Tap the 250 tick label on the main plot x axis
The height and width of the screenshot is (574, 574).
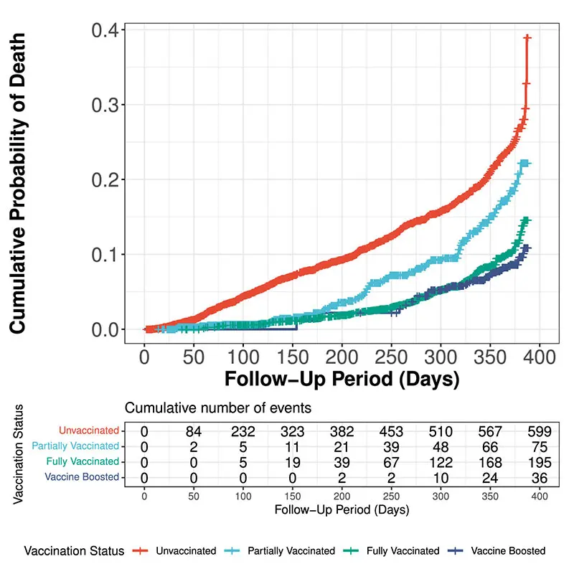pyautogui.click(x=391, y=354)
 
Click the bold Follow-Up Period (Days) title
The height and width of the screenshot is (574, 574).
pyautogui.click(x=342, y=379)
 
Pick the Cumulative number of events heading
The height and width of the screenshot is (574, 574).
pyautogui.click(x=218, y=408)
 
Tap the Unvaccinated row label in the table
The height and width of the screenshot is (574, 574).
pyautogui.click(x=89, y=430)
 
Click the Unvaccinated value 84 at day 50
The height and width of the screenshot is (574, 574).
pyautogui.click(x=194, y=431)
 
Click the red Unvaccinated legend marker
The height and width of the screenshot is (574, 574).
pyautogui.click(x=141, y=551)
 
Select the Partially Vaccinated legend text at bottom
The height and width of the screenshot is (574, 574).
pyautogui.click(x=291, y=551)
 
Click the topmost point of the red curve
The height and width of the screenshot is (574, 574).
pyautogui.click(x=527, y=37)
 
